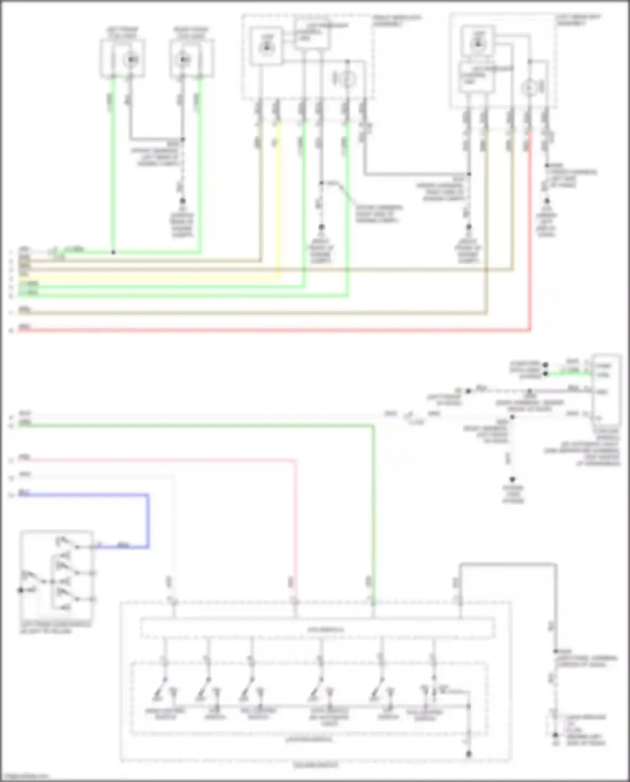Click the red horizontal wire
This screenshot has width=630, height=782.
click(273, 330)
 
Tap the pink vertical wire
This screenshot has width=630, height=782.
click(296, 525)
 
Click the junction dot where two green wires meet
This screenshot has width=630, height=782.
click(113, 253)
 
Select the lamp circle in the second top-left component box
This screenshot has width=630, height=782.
click(182, 60)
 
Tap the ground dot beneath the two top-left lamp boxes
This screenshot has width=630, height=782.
click(182, 201)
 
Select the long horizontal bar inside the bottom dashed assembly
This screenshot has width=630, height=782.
click(317, 629)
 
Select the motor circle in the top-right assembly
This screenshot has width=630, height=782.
click(529, 88)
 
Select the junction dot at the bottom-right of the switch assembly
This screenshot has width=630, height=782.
click(469, 754)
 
